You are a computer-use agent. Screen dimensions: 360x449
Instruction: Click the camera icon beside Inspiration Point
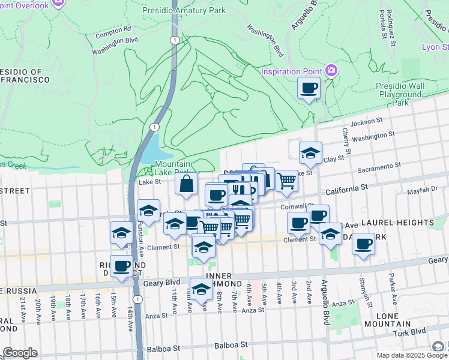(x=331, y=72)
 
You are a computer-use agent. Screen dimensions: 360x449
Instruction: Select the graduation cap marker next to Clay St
(x=310, y=154)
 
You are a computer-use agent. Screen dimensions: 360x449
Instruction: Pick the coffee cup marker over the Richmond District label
(x=121, y=266)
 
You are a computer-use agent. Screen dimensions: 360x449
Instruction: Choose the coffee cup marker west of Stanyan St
(x=363, y=244)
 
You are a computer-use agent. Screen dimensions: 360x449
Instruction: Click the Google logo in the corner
(x=20, y=353)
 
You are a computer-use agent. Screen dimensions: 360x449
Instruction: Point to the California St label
(x=346, y=188)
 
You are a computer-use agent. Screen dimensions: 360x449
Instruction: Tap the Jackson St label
(x=367, y=122)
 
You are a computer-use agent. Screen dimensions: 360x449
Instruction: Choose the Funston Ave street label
(x=142, y=238)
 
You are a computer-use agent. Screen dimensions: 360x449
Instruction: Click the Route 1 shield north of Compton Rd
(x=174, y=40)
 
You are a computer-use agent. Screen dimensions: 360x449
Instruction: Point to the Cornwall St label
(x=294, y=207)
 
